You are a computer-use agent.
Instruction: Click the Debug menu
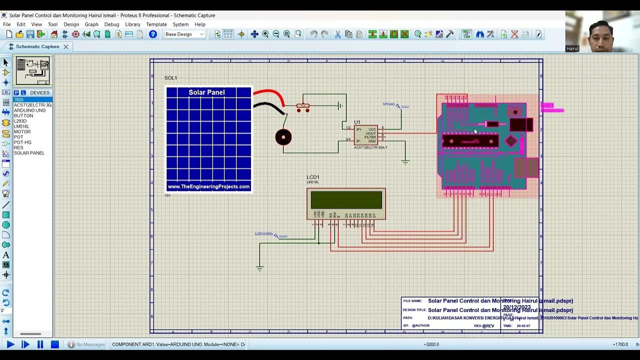(111, 24)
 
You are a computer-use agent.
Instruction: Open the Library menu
(132, 24)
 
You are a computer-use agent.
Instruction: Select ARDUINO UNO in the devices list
(29, 110)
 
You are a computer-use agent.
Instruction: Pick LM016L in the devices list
(21, 126)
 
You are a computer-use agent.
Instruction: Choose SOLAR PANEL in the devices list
(29, 153)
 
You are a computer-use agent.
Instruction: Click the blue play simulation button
(10, 344)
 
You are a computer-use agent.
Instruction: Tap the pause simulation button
(40, 344)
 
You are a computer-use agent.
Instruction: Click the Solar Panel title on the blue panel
(206, 92)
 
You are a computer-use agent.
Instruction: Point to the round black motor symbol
(283, 137)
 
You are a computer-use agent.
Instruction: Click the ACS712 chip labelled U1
(365, 135)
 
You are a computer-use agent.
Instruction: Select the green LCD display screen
(346, 200)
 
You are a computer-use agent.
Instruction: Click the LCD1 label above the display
(313, 177)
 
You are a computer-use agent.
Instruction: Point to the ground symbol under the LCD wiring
(259, 268)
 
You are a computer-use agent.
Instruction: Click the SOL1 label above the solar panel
(170, 78)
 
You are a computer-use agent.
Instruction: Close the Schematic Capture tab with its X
(66, 46)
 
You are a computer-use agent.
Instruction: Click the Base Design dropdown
(184, 34)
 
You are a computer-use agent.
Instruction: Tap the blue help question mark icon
(153, 34)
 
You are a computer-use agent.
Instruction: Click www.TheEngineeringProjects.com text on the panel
(208, 186)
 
